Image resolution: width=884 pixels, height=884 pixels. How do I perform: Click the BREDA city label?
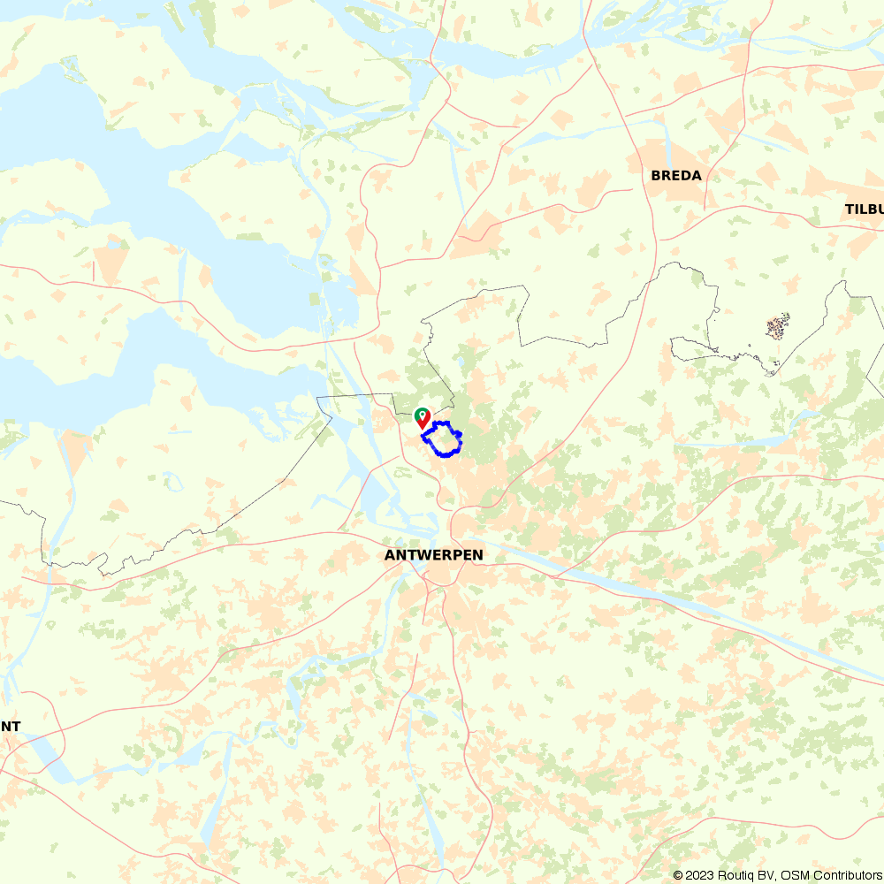click(676, 175)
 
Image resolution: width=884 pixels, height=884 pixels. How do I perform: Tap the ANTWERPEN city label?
click(434, 555)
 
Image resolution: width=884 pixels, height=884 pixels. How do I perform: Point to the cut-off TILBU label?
click(864, 210)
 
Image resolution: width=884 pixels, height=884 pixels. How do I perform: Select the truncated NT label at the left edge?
click(11, 727)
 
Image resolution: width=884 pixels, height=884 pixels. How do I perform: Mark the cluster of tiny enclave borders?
click(778, 326)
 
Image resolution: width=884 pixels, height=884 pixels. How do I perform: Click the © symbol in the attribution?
click(678, 875)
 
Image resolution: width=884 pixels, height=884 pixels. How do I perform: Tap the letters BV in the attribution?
click(764, 875)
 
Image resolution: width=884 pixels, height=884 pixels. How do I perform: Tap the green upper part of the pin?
click(423, 413)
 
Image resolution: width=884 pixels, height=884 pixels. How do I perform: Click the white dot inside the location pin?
click(423, 414)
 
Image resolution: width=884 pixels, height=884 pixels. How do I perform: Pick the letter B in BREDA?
click(656, 175)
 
